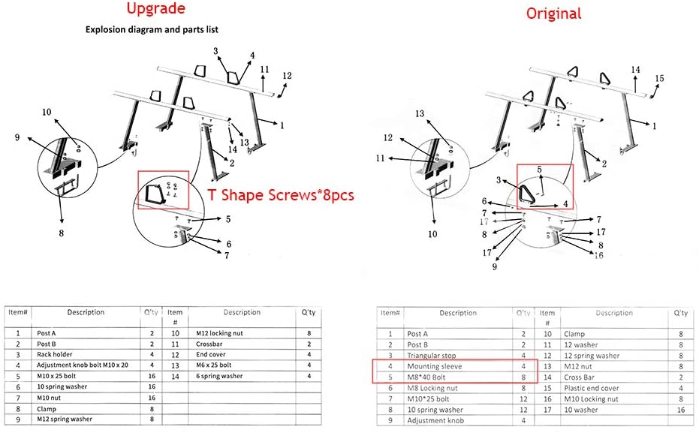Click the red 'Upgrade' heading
(155, 11)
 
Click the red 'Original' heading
(553, 13)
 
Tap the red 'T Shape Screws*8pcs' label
(279, 194)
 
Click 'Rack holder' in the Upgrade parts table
(56, 354)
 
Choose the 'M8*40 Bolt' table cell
(428, 377)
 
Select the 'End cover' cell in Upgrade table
(212, 354)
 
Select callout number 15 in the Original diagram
(659, 78)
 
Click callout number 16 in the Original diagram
(598, 256)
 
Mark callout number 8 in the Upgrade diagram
(62, 233)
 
